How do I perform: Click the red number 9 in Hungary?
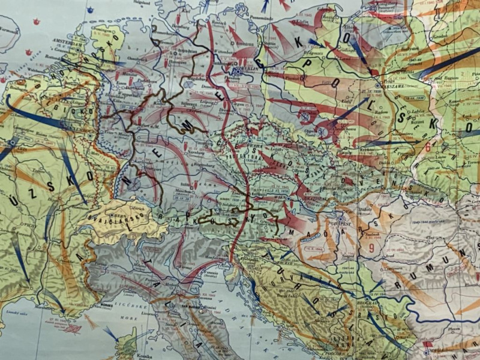pyautogui.click(x=371, y=247)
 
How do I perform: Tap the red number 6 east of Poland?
pyautogui.click(x=427, y=146)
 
